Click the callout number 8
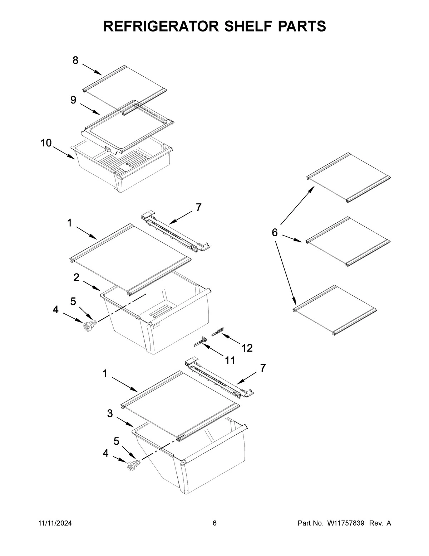point(75,61)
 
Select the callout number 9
point(73,100)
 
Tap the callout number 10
point(46,143)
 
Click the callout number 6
point(275,232)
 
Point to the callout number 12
point(247,348)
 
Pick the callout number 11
point(230,360)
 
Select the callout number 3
point(110,414)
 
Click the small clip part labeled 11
point(201,342)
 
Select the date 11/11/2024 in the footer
point(55,523)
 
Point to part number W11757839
point(345,523)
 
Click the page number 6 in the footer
point(214,523)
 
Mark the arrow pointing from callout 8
point(92,69)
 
